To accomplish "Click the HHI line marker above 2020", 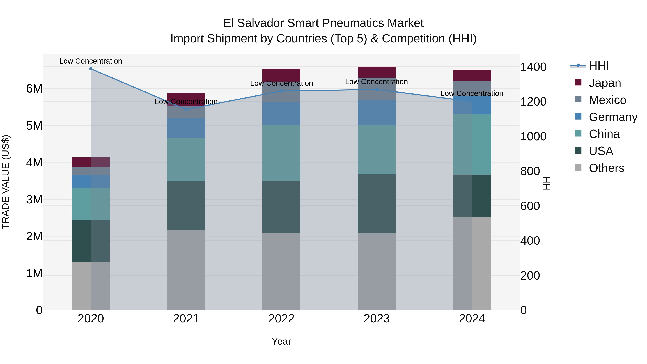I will pos(91,69).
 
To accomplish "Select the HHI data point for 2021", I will pos(186,109).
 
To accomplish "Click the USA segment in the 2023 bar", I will pos(377,204).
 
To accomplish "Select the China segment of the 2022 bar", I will pos(281,153).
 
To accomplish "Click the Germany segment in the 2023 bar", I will pos(377,113).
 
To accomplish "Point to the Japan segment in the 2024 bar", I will pos(472,75).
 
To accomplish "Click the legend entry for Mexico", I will pos(607,100).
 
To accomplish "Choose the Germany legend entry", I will pos(613,117).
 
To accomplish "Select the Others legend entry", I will pos(606,168).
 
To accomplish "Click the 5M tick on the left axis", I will pos(34,126).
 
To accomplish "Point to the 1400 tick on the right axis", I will pos(533,67).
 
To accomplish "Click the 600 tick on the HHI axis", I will pos(530,206).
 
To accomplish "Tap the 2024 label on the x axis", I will pos(472,319).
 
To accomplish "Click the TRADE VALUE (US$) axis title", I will pos(6,182).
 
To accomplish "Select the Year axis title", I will pos(281,341).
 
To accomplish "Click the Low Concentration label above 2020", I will pos(91,61).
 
